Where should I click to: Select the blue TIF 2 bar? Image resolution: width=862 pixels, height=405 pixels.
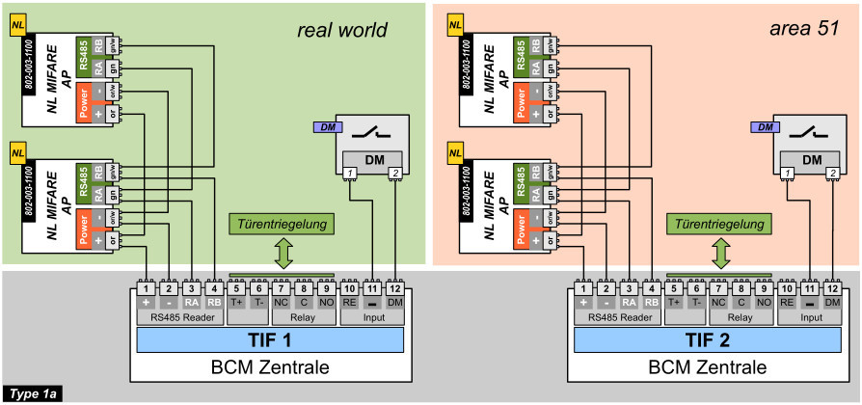tap(706, 339)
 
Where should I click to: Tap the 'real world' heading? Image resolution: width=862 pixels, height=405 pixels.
tap(342, 31)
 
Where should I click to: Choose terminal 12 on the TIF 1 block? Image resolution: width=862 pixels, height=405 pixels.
tap(395, 287)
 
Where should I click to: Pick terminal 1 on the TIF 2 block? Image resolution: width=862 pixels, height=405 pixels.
tap(582, 287)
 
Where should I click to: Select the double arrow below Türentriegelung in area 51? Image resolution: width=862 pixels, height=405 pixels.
tap(719, 254)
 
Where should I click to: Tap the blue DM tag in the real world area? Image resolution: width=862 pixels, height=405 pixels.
tap(327, 127)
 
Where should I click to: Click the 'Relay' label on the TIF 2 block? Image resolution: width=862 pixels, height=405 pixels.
tap(741, 316)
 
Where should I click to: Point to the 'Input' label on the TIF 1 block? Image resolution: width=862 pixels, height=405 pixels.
tap(372, 316)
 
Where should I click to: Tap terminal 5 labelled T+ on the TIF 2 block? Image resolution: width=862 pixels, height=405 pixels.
tap(675, 287)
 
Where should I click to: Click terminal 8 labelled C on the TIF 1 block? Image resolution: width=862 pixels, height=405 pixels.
tap(303, 287)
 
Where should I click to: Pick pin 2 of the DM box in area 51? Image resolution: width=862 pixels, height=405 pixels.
tap(832, 174)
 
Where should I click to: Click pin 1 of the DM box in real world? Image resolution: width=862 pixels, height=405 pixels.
tap(352, 174)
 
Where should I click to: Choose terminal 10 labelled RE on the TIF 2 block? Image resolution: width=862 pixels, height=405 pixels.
tap(787, 287)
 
